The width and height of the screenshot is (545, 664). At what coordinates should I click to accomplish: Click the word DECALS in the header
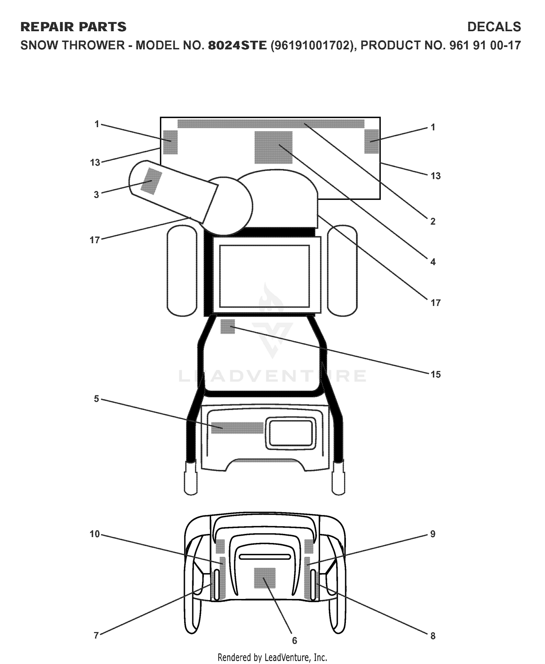494,27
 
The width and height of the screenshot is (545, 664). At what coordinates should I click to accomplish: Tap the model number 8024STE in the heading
237,45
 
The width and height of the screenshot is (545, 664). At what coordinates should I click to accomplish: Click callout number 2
433,221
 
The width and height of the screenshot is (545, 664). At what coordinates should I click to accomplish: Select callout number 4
433,262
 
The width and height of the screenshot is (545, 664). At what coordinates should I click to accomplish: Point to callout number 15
435,374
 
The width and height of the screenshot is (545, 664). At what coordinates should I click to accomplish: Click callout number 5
96,399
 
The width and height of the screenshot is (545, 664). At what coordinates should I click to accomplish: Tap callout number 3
96,195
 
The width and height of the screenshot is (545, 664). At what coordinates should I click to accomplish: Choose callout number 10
94,534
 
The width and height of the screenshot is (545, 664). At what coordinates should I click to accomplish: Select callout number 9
433,534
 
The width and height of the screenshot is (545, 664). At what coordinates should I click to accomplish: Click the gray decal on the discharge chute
151,181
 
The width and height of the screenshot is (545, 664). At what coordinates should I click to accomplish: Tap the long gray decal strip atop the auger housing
271,124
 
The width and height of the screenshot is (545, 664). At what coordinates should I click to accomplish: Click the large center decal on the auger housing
273,147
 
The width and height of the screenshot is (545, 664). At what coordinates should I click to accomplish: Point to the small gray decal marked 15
228,326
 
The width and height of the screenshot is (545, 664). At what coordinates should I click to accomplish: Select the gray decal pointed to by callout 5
237,428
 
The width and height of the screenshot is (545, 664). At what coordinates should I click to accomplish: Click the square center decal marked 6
265,578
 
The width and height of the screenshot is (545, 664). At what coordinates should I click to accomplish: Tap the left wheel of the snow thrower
182,271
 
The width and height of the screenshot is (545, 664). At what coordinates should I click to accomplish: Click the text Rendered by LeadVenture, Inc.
272,657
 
